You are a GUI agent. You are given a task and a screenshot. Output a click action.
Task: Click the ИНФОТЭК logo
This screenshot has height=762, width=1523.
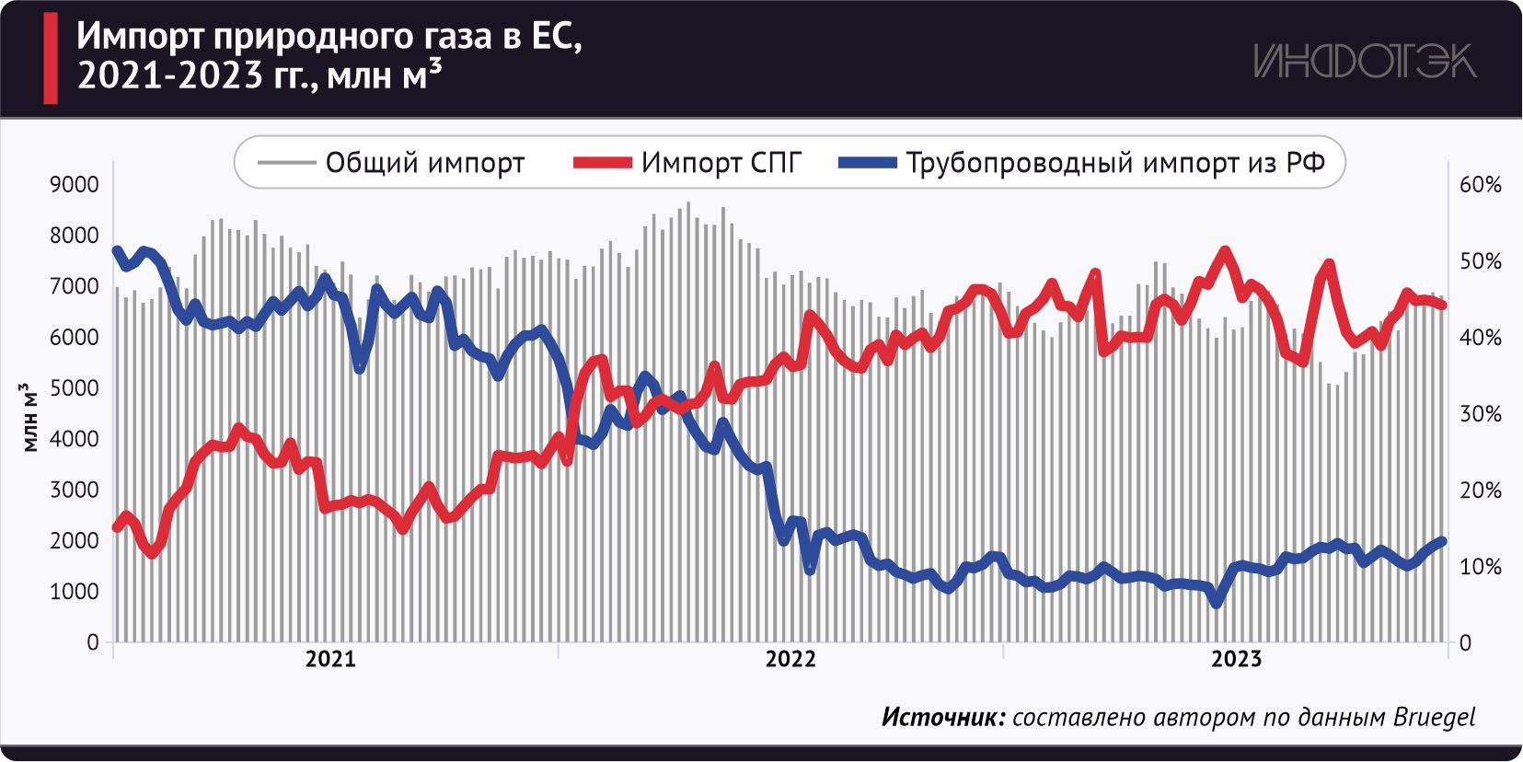tap(1364, 62)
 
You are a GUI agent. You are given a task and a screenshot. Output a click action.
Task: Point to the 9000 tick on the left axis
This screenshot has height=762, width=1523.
tap(74, 185)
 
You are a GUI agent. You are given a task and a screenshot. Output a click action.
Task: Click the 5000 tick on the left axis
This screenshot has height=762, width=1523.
tap(74, 388)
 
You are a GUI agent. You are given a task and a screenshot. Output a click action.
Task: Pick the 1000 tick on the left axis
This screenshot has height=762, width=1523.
tap(74, 592)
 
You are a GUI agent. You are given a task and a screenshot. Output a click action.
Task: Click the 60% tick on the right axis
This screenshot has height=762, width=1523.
tap(1480, 185)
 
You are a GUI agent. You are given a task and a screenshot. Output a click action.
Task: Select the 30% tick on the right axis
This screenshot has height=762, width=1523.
tap(1480, 414)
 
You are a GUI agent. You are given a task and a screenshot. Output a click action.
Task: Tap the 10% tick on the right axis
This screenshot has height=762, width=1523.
tap(1480, 567)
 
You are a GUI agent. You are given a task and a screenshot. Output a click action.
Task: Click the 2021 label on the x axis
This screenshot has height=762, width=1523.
tap(330, 659)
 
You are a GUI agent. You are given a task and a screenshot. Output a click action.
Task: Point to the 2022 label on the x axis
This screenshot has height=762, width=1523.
tap(790, 659)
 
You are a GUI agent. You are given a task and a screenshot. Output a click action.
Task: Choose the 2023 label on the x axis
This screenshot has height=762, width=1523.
tap(1236, 659)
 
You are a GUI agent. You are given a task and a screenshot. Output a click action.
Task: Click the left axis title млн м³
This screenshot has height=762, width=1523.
tap(30, 417)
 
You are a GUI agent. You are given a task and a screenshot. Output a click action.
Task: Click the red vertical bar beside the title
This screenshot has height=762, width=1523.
tap(51, 58)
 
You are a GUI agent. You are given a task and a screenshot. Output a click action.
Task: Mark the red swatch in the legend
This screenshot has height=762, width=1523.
tap(602, 163)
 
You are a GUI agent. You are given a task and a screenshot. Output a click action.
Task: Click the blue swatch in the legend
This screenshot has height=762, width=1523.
tap(867, 163)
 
